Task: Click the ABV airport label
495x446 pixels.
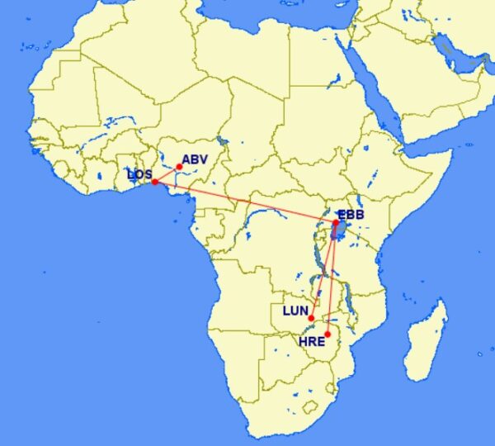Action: (196, 159)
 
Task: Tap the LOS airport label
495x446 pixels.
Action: (139, 174)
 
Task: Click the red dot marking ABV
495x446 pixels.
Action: (179, 167)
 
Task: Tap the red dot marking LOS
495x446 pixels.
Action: (154, 182)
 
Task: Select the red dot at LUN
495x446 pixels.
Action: (311, 318)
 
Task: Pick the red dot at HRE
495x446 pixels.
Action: (328, 334)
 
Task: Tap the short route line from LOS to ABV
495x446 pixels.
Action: (167, 174)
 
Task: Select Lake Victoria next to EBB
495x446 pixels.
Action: (339, 232)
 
